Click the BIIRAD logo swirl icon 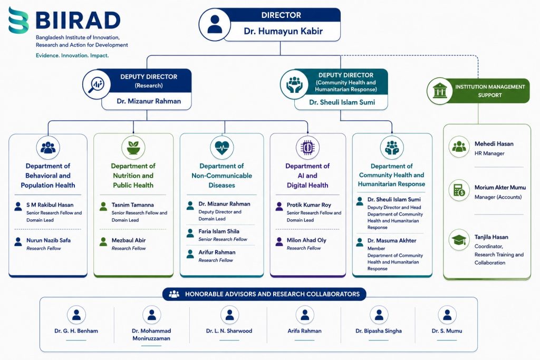pyautogui.click(x=18, y=20)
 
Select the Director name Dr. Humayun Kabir pyautogui.click(x=283, y=31)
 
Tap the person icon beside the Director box pyautogui.click(x=215, y=24)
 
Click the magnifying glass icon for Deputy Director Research pyautogui.click(x=96, y=84)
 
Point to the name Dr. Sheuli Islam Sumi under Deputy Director pyautogui.click(x=342, y=102)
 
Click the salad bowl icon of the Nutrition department pyautogui.click(x=133, y=147)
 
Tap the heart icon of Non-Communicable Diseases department pyautogui.click(x=222, y=147)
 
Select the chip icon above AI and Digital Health pyautogui.click(x=307, y=147)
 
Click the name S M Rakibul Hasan pyautogui.click(x=50, y=205)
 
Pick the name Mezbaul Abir pyautogui.click(x=129, y=240)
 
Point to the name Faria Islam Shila pyautogui.click(x=219, y=231)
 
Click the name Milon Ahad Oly pyautogui.click(x=306, y=240)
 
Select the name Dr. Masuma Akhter pyautogui.click(x=392, y=240)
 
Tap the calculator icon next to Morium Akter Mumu pyautogui.click(x=459, y=190)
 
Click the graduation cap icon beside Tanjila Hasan pyautogui.click(x=459, y=240)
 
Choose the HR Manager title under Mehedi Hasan pyautogui.click(x=489, y=153)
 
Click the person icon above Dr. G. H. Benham pyautogui.click(x=76, y=315)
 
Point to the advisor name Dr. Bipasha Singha pyautogui.click(x=379, y=330)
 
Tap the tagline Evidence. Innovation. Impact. pyautogui.click(x=72, y=55)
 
